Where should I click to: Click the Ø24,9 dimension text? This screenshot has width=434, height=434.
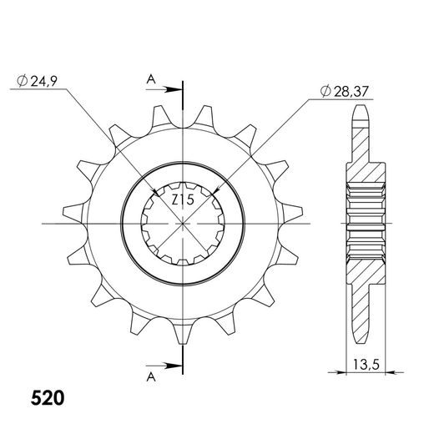37,81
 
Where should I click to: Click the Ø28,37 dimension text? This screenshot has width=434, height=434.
345,91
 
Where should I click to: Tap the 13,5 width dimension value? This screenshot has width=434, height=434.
366,365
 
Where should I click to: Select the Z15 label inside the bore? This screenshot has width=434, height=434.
183,199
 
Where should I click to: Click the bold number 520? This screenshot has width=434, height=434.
48,398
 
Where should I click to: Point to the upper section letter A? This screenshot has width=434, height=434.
151,79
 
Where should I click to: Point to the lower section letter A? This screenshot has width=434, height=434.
151,377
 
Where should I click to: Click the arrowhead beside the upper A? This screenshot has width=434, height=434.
174,89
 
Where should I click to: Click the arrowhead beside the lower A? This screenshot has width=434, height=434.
174,366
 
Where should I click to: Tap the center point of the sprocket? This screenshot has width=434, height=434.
183,224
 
